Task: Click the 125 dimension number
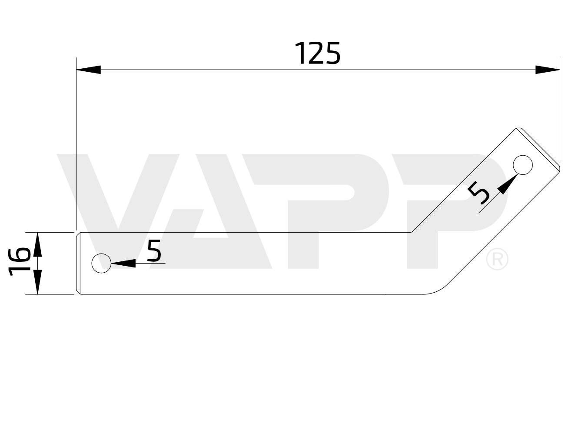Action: point(317,53)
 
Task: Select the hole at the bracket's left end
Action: point(101,263)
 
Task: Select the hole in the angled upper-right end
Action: point(522,165)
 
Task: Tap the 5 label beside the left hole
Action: point(154,250)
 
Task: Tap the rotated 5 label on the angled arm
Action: point(478,192)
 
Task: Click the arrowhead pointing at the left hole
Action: point(123,263)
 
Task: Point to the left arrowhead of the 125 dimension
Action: point(89,70)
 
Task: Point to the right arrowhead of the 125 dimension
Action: point(548,70)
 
